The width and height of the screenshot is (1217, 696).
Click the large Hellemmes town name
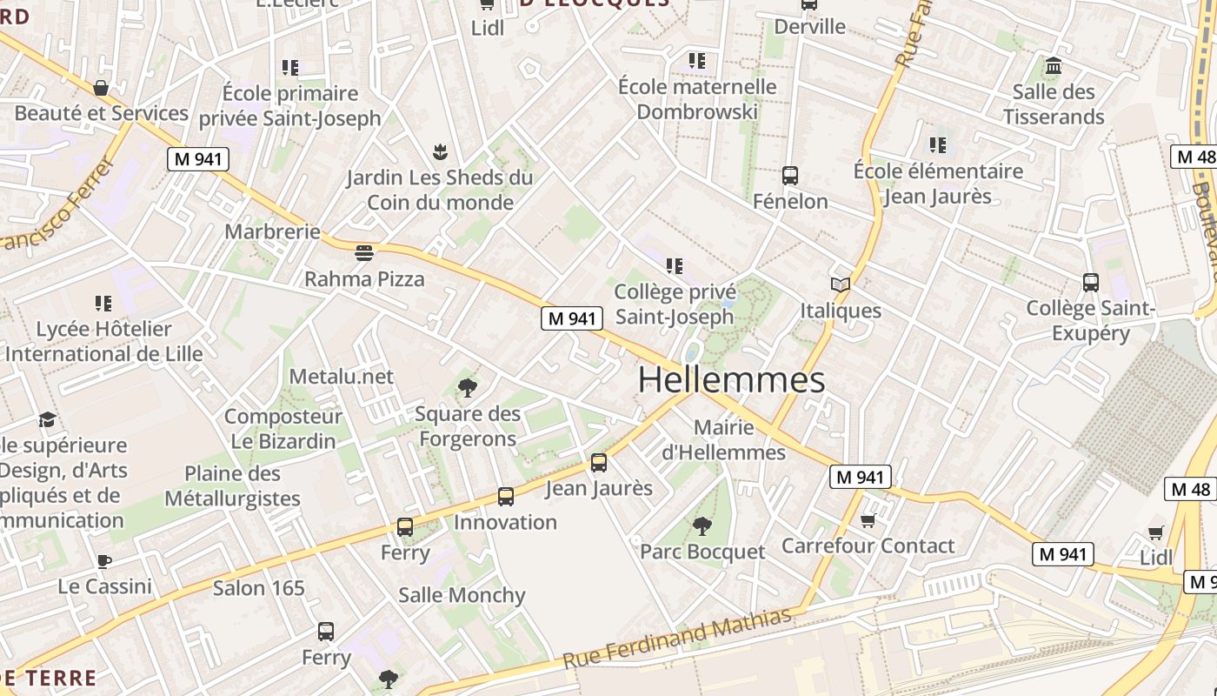click(731, 380)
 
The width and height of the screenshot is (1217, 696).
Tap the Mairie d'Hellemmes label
click(724, 440)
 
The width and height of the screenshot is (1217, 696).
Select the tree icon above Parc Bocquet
click(702, 525)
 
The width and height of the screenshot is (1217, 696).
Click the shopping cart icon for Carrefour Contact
click(868, 520)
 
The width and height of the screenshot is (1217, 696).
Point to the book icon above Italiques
click(840, 284)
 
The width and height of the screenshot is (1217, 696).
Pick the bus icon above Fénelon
click(789, 176)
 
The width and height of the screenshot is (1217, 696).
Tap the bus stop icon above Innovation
click(506, 497)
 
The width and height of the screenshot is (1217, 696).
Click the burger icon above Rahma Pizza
click(364, 253)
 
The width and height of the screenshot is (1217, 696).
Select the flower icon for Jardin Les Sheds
click(440, 153)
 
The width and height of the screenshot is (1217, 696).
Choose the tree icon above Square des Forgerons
click(468, 388)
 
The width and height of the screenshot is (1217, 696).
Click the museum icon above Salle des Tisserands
click(1054, 66)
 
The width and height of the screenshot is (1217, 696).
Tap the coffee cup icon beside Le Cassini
click(104, 561)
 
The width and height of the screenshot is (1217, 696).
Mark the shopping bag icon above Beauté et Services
click(101, 88)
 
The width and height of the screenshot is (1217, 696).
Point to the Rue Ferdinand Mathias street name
click(678, 639)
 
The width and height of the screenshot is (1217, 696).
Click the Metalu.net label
click(341, 377)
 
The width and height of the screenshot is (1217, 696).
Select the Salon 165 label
click(259, 588)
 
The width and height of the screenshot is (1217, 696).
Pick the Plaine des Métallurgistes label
click(232, 486)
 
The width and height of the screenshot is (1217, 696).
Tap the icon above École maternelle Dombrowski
click(697, 61)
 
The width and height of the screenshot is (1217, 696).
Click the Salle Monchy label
click(462, 595)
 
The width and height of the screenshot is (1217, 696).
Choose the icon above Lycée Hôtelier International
click(103, 304)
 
